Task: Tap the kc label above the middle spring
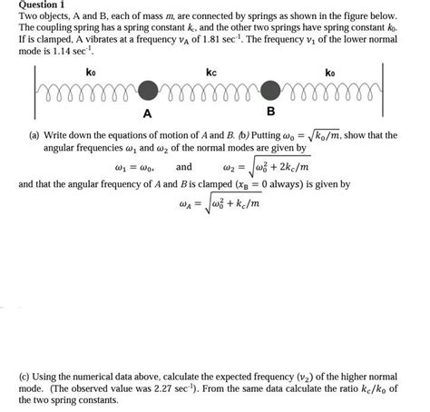click(210, 71)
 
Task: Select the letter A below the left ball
click(147, 113)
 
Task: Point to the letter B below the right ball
click(269, 113)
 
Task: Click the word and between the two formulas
click(183, 167)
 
